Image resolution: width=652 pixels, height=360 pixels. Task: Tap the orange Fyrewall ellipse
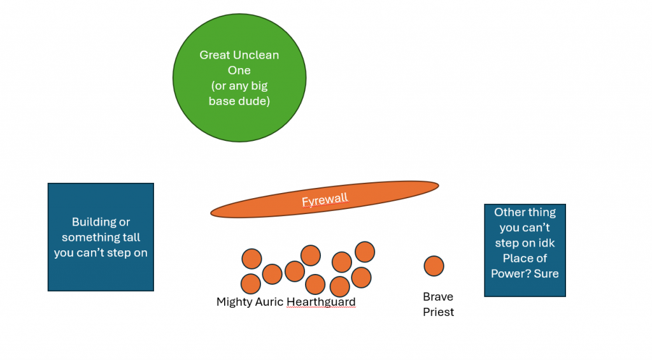pyautogui.click(x=255, y=207)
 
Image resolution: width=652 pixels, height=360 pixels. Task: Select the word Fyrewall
pyautogui.click(x=325, y=200)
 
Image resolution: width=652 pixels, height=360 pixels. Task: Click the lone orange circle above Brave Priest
pyautogui.click(x=434, y=266)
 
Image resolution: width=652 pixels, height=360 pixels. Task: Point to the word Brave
pyautogui.click(x=438, y=297)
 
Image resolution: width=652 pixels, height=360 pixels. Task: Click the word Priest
pyautogui.click(x=438, y=312)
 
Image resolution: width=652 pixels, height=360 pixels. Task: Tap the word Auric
pyautogui.click(x=270, y=302)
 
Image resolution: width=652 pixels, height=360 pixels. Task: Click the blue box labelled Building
pyautogui.click(x=101, y=274)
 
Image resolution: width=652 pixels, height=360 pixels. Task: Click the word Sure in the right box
pyautogui.click(x=546, y=274)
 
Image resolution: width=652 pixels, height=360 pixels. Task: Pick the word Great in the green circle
pyautogui.click(x=215, y=55)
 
